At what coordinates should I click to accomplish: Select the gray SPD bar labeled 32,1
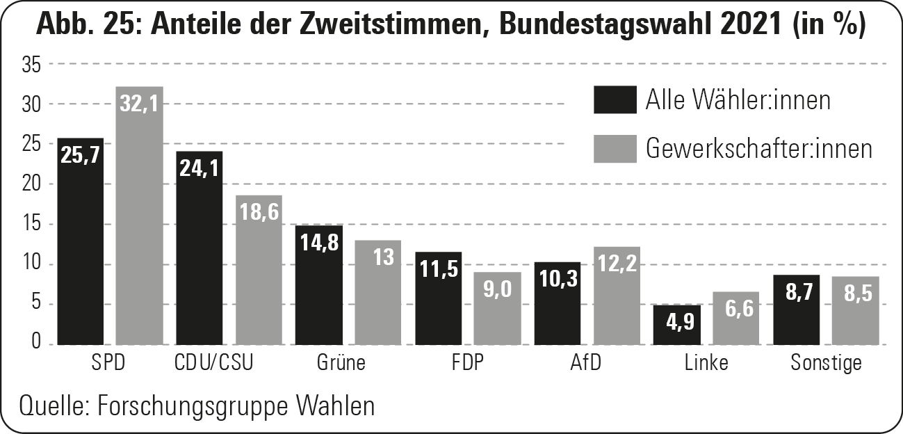pos(139,216)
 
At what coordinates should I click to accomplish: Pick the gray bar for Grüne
pos(378,292)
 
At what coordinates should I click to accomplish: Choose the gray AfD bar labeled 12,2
pos(617,296)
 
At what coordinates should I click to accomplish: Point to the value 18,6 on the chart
pos(258,212)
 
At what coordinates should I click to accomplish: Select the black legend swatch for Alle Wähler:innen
pos(615,99)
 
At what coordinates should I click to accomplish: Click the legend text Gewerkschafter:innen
pos(758,148)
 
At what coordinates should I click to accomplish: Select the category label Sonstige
pos(826,363)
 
